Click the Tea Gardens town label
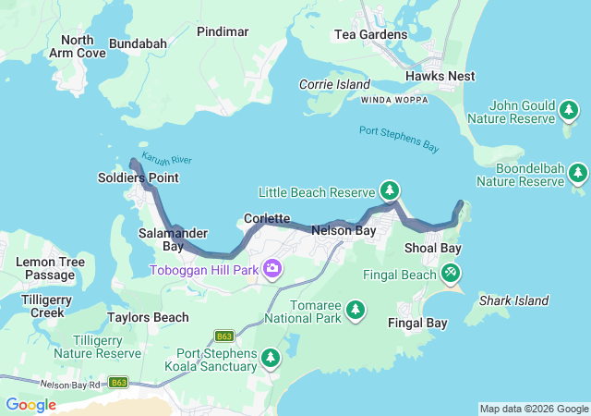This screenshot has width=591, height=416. pyautogui.click(x=370, y=35)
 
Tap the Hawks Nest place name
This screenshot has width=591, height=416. pyautogui.click(x=440, y=76)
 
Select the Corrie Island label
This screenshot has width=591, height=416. pyautogui.click(x=334, y=84)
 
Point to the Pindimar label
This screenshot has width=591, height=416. pyautogui.click(x=223, y=31)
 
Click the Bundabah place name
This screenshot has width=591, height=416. pyautogui.click(x=138, y=43)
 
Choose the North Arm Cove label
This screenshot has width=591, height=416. pyautogui.click(x=78, y=46)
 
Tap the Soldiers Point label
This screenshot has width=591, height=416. pyautogui.click(x=139, y=177)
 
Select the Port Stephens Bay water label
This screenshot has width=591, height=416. pyautogui.click(x=398, y=138)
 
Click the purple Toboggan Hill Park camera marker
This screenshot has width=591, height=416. pyautogui.click(x=272, y=269)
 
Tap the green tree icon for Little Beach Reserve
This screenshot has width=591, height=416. pyautogui.click(x=391, y=191)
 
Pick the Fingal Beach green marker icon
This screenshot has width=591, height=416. pyautogui.click(x=451, y=274)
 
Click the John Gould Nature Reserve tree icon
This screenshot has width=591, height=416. pyautogui.click(x=570, y=112)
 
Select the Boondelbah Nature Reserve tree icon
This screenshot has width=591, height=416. pyautogui.click(x=577, y=173)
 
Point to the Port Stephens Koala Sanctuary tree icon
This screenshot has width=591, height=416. pyautogui.click(x=271, y=357)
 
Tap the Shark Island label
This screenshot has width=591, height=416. pyautogui.click(x=513, y=300)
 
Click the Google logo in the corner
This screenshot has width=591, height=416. pyautogui.click(x=30, y=404)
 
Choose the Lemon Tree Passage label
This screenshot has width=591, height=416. pyautogui.click(x=50, y=269)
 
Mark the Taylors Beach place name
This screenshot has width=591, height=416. pyautogui.click(x=148, y=317)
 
